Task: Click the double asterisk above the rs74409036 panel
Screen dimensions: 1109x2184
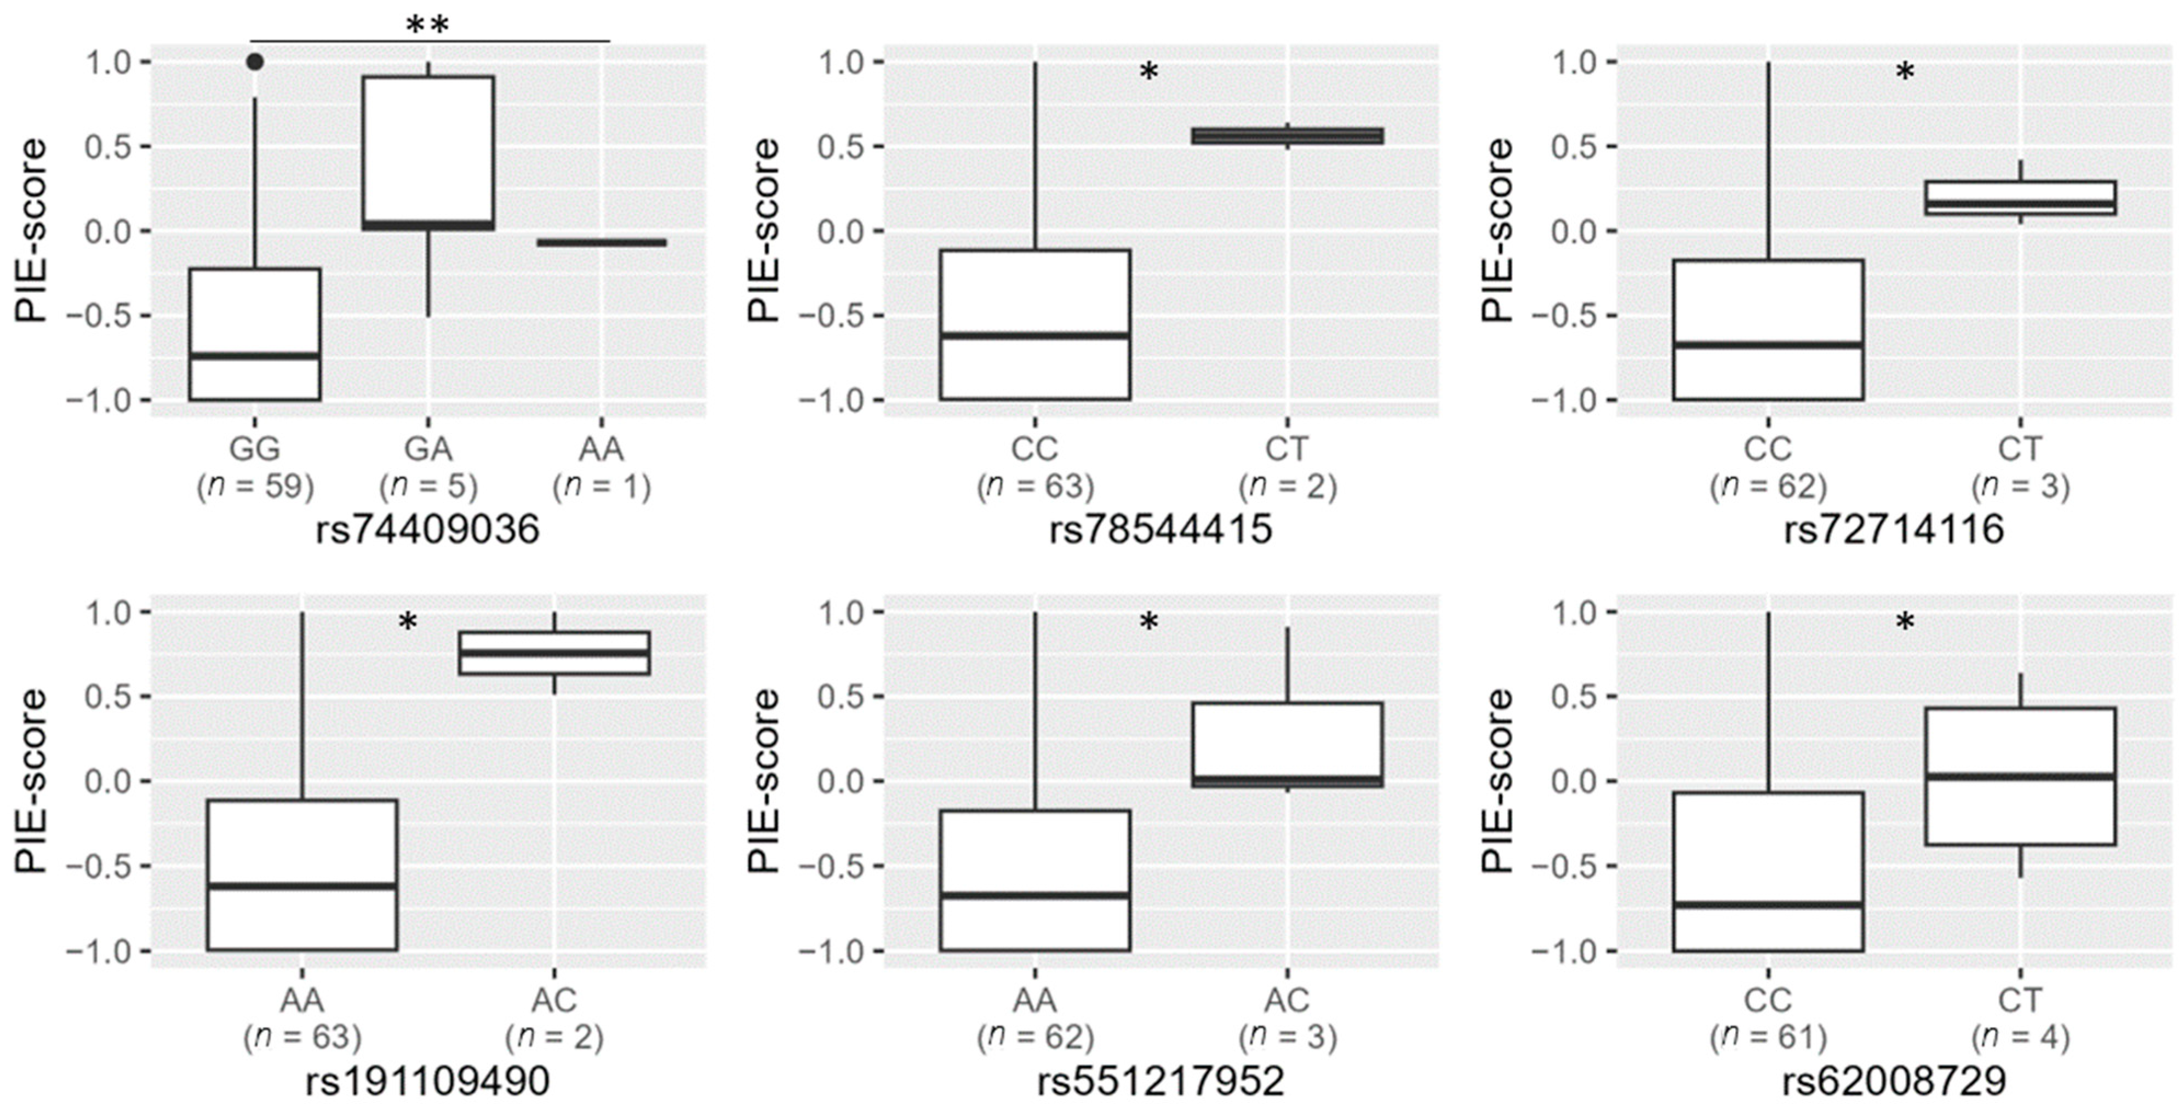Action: [427, 25]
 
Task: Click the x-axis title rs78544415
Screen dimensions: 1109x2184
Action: [1160, 529]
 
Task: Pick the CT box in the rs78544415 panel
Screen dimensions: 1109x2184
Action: [1287, 136]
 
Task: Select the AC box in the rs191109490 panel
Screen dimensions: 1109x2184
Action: [554, 653]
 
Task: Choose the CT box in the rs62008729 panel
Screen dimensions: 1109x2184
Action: [2020, 776]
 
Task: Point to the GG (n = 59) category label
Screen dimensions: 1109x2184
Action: [254, 466]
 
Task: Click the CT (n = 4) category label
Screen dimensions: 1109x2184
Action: [2020, 1017]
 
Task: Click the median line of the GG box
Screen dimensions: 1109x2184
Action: [254, 355]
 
